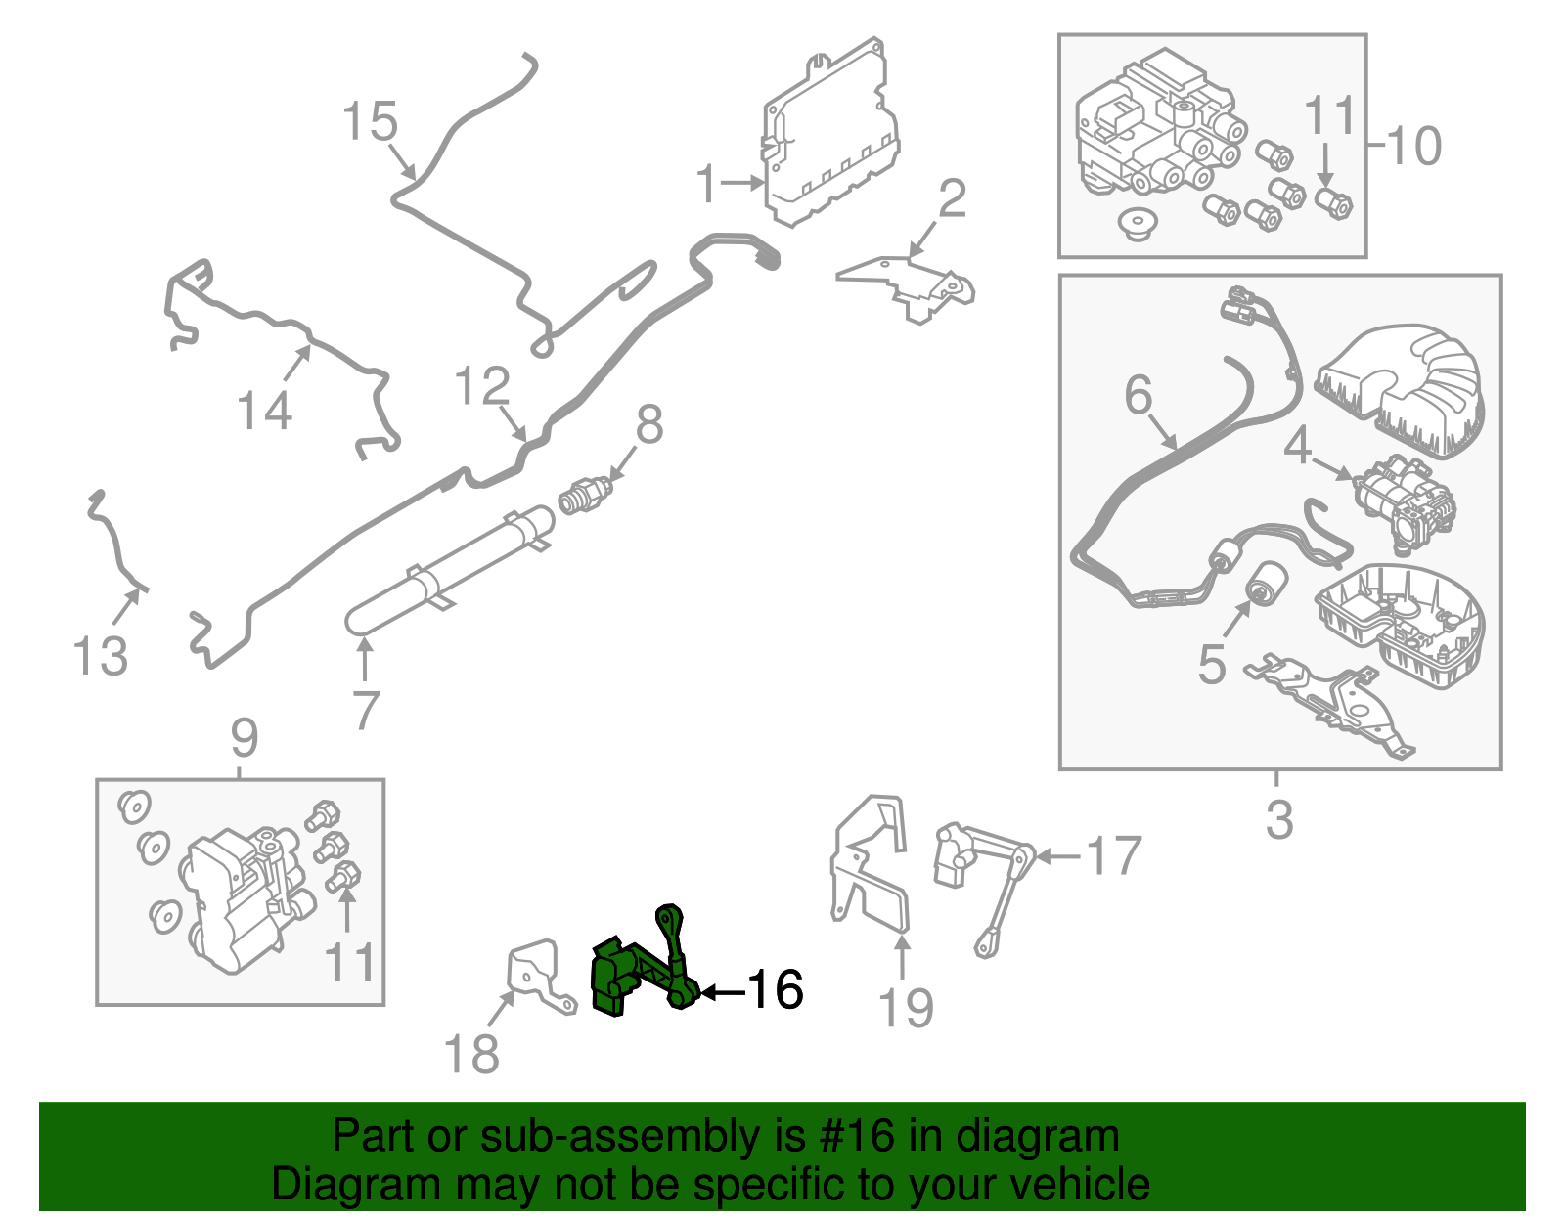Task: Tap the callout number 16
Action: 775,990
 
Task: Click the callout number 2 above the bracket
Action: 952,199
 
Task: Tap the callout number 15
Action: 370,123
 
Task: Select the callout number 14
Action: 265,411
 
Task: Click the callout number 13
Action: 101,656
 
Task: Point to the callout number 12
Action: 482,387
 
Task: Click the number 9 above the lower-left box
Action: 244,738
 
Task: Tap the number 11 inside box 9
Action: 349,963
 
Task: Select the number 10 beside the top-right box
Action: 1413,147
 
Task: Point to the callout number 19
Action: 906,1008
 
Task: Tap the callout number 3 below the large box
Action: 1278,820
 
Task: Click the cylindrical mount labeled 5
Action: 1266,582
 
